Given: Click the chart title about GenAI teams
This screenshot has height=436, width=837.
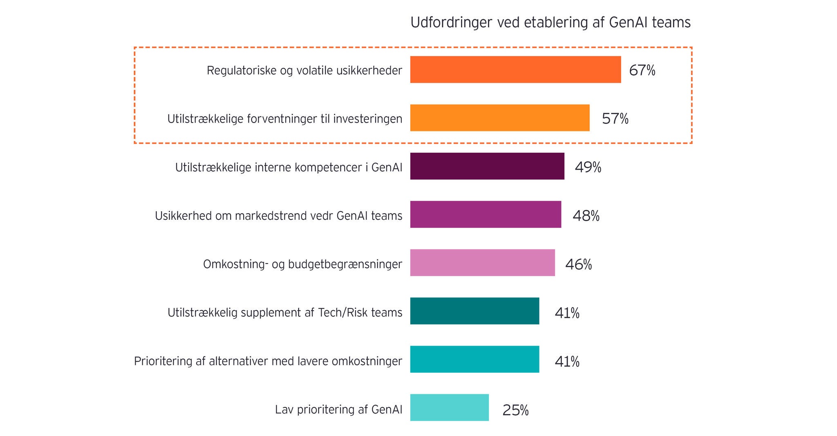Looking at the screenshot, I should click(550, 22).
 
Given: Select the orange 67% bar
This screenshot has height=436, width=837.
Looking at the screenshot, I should click(515, 70).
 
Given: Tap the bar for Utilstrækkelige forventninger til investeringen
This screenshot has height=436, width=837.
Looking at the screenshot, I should click(499, 118).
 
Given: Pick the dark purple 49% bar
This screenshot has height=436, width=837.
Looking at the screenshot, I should click(487, 166).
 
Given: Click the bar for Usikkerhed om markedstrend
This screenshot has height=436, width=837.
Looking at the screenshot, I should click(486, 215).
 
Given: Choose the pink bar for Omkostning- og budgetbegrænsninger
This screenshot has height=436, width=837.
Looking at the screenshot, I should click(482, 263).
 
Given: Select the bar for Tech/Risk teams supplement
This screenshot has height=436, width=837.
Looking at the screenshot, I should click(474, 311).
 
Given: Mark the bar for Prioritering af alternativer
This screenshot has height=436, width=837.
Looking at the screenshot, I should click(474, 360).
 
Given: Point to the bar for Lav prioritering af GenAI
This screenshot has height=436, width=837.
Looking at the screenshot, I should click(449, 408).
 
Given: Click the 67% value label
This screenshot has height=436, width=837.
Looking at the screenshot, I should click(642, 71).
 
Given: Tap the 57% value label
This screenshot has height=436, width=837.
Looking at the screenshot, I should click(615, 119).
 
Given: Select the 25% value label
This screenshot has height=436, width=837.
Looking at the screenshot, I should click(515, 410).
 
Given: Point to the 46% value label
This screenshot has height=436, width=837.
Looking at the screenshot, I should click(578, 265).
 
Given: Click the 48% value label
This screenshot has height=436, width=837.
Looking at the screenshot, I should click(586, 216).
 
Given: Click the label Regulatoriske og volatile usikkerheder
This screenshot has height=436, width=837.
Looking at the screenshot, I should click(304, 71).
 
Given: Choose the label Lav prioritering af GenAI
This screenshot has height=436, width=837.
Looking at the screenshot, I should click(338, 409).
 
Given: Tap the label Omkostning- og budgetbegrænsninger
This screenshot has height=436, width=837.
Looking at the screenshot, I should click(302, 264).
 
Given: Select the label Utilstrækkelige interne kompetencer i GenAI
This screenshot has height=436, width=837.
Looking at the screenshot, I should click(289, 168).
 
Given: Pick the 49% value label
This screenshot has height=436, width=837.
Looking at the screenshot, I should click(588, 168).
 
